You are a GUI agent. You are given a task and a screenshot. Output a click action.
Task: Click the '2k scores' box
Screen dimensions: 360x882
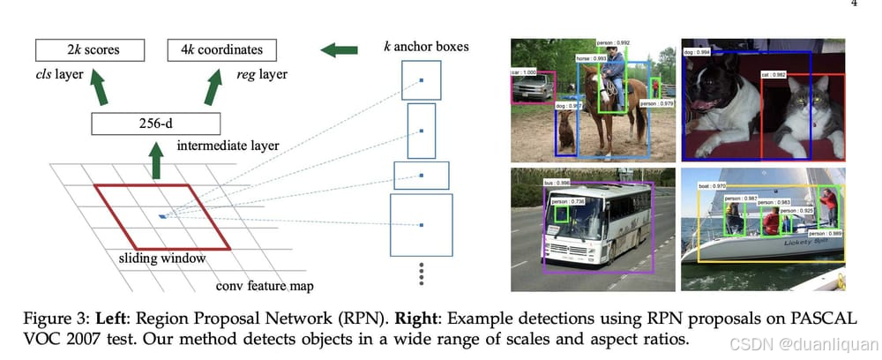point(88,49)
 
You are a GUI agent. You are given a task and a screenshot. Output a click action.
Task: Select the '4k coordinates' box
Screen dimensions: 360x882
point(221,49)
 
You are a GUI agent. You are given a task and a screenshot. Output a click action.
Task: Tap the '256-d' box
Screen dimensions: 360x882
point(153,124)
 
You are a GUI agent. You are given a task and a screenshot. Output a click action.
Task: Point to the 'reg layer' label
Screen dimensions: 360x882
point(260,75)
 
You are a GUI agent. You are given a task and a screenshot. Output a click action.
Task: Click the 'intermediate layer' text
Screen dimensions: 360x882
point(228,146)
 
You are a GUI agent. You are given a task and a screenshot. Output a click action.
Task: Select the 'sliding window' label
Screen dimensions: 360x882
point(162,259)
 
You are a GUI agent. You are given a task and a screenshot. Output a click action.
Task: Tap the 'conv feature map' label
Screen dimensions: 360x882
point(265,286)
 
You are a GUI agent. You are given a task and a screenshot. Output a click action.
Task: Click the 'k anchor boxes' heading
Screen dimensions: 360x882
point(425,46)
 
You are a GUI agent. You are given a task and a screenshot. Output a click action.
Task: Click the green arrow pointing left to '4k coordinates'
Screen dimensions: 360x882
point(338,49)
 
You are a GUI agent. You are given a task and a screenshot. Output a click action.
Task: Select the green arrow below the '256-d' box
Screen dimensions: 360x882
point(156,161)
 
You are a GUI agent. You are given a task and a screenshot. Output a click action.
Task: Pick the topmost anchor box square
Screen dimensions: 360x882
point(421,80)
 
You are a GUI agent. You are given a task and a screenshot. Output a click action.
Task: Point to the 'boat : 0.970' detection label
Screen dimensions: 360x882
point(713,185)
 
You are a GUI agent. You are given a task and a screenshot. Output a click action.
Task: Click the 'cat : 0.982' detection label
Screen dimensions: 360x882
point(774,75)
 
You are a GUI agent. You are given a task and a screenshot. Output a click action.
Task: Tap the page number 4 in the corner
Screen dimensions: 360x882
point(853,4)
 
